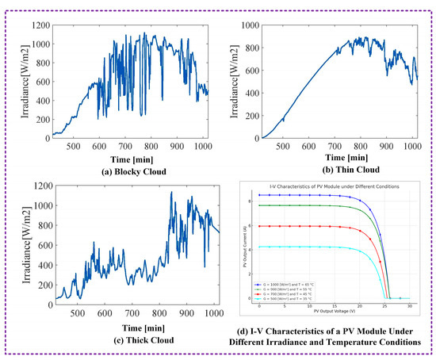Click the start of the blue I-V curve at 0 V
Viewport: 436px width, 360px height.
point(259,194)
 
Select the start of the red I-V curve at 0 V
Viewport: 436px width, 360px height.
point(259,226)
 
